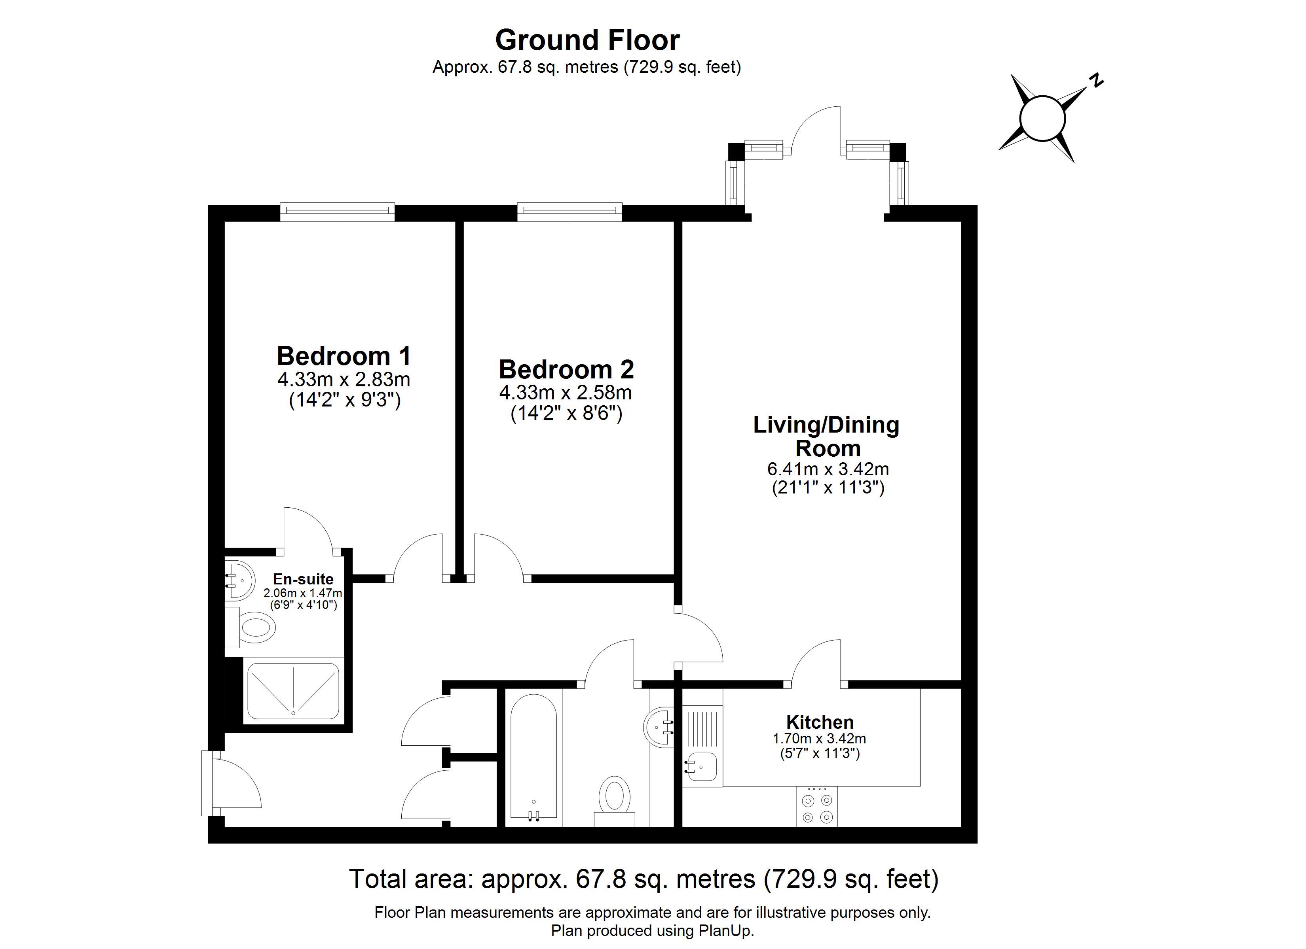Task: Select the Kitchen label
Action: pos(820,722)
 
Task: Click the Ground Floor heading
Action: pos(587,40)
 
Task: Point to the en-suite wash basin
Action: pos(238,581)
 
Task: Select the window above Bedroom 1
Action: pos(338,212)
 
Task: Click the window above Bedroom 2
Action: pos(569,212)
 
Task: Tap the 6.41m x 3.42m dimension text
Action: pos(828,469)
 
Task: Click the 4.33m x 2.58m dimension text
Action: pos(566,393)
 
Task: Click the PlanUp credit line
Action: pos(653,930)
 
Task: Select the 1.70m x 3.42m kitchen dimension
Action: pos(820,738)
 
